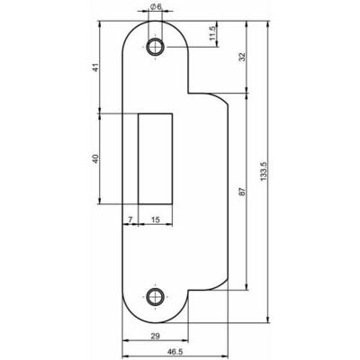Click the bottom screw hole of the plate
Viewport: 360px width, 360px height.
pos(156,295)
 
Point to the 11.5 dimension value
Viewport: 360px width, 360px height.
pos(212,34)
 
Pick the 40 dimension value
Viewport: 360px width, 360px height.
pos(94,159)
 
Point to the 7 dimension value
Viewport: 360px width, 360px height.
pos(130,219)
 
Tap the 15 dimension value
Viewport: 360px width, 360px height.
pos(155,219)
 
